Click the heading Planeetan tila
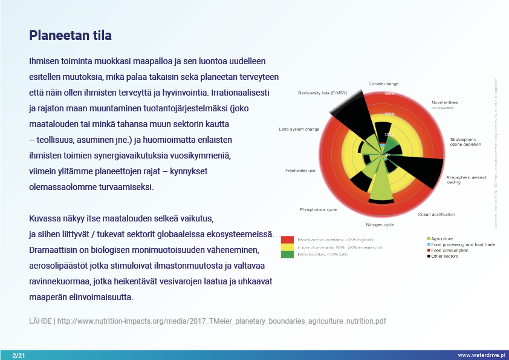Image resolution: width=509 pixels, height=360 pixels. (70, 36)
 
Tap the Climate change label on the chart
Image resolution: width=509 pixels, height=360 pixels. (383, 83)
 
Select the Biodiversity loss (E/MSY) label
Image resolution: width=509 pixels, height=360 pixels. (323, 93)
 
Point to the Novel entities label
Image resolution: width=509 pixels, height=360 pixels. (445, 102)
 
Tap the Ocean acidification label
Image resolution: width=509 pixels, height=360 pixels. (436, 214)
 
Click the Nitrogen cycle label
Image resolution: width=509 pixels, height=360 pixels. (380, 224)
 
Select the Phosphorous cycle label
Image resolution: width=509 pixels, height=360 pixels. (319, 209)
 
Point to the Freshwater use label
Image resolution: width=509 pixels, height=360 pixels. (300, 171)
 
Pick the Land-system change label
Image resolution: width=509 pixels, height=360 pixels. (299, 129)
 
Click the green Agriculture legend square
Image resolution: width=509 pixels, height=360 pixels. (429, 238)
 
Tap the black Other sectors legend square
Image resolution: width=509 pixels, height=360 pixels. (429, 256)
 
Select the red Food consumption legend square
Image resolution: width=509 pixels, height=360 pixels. (429, 250)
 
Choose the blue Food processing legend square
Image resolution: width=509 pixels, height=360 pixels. (429, 244)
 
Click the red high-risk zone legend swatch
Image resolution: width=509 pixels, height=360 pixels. (287, 240)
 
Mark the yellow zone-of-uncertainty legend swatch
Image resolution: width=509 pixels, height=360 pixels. (287, 247)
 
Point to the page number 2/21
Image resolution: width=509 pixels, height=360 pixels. (18, 355)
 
